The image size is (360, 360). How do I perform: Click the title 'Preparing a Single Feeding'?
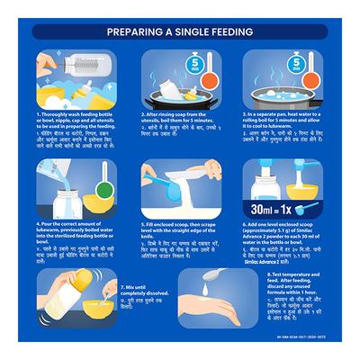click(180, 31)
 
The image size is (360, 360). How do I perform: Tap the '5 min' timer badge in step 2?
click(201, 63)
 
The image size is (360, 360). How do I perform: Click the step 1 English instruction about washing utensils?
click(76, 122)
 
